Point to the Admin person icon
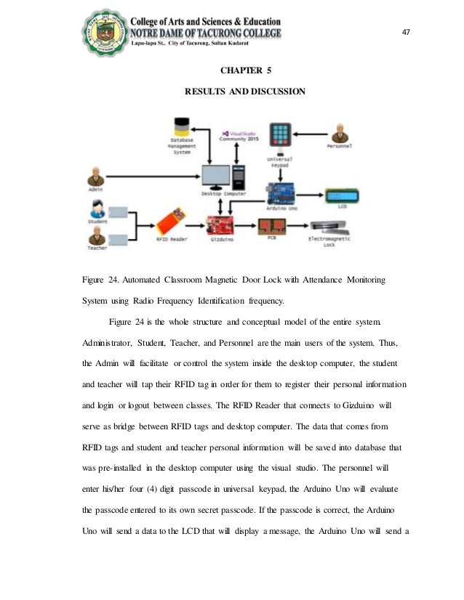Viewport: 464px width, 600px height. pos(95,177)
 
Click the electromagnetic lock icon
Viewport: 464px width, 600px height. pos(334,227)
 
